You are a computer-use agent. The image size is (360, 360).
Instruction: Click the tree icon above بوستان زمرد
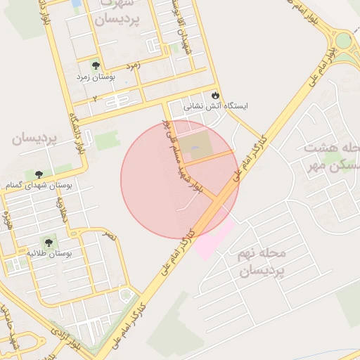[96, 66]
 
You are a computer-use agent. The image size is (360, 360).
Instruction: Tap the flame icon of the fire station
[214, 95]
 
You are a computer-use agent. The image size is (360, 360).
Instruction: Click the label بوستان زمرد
[96, 77]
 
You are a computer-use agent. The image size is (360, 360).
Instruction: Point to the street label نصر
[110, 237]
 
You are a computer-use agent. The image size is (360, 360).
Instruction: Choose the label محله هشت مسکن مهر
[333, 159]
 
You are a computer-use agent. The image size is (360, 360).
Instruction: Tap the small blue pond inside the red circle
[195, 147]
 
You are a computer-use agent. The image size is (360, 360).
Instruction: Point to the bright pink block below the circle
[212, 240]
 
